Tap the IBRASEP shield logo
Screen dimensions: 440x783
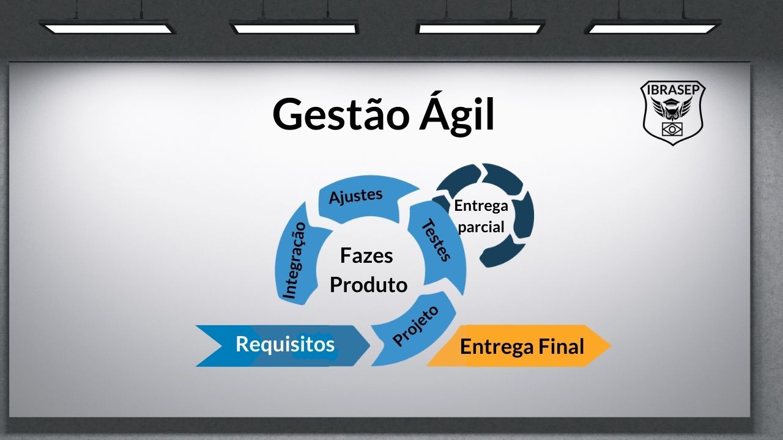tap(673, 113)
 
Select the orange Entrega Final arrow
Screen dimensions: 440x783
tap(520, 346)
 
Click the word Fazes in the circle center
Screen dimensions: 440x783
tap(366, 255)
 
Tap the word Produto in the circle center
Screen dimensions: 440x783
tap(368, 285)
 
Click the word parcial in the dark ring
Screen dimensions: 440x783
tap(481, 227)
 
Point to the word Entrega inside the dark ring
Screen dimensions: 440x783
tap(481, 206)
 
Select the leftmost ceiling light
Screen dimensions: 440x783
tap(108, 27)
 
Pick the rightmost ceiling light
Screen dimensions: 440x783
tap(653, 27)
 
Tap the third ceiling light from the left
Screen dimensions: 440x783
tap(480, 27)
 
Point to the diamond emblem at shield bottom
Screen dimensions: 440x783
tap(673, 129)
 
